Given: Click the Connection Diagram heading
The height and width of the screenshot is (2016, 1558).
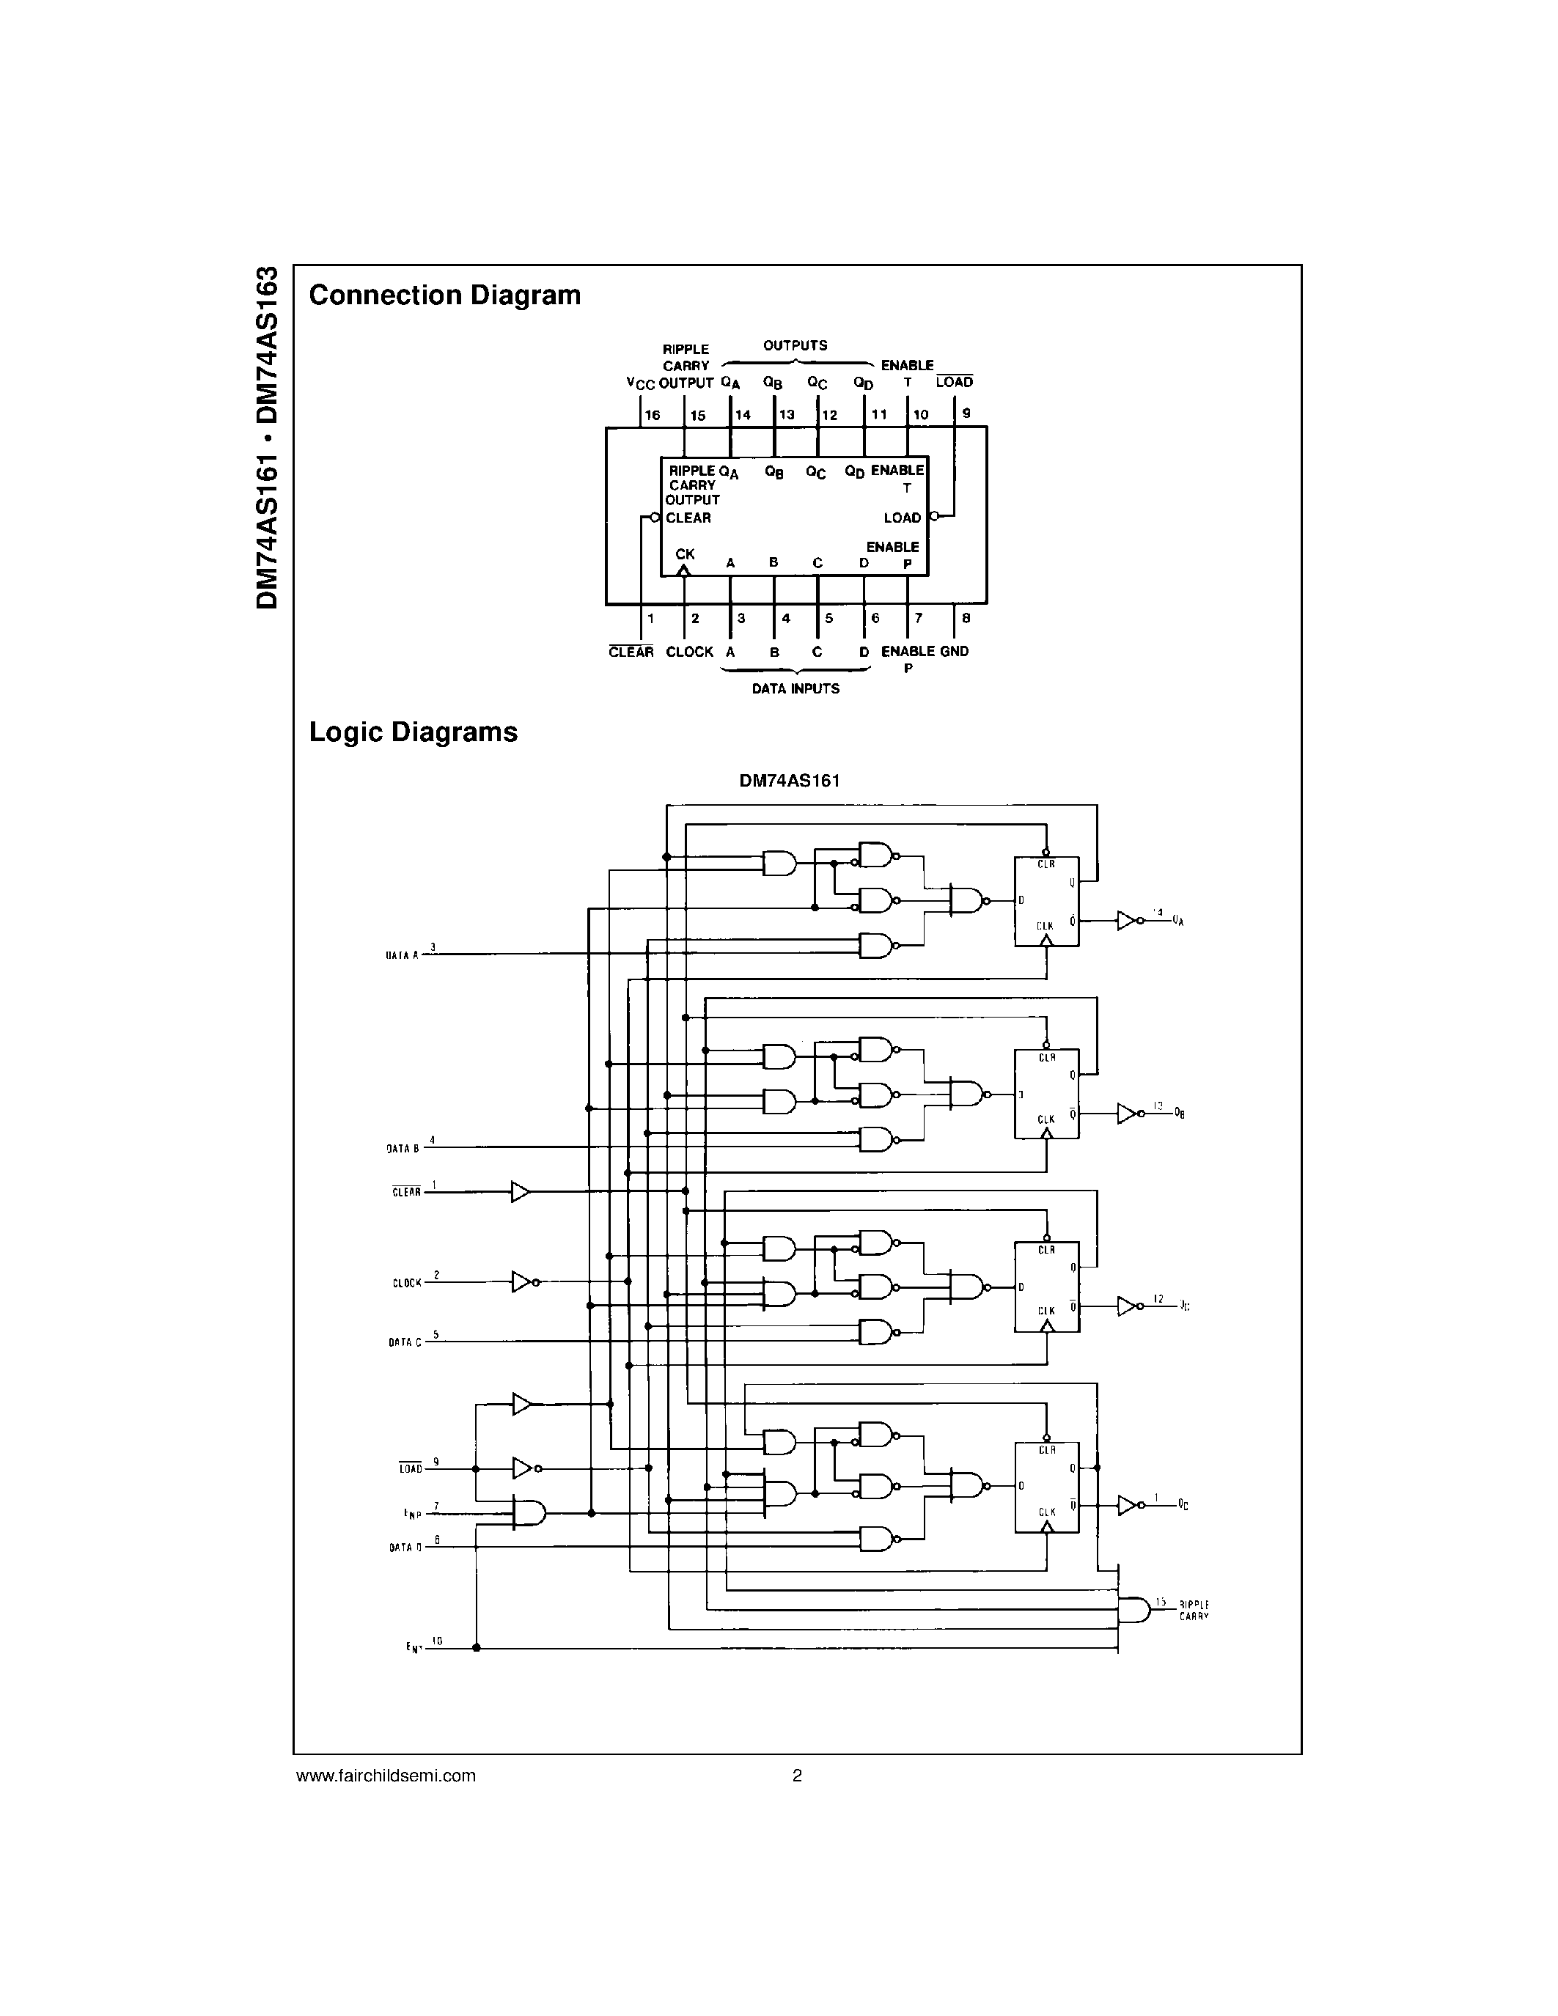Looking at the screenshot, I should point(445,295).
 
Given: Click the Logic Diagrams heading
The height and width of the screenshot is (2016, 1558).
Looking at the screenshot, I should point(413,732).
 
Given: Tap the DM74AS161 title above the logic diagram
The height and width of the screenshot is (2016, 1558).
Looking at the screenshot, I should point(789,781).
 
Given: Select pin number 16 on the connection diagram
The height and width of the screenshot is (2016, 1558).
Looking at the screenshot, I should point(653,416).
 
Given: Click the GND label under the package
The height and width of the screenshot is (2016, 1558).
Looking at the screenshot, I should point(955,652).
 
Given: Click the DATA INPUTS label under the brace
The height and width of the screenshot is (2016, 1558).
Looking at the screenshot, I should point(795,688).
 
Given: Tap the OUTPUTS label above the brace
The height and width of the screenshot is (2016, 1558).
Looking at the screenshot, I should point(795,346).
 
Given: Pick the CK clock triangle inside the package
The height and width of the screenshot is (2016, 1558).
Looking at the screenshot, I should point(684,570).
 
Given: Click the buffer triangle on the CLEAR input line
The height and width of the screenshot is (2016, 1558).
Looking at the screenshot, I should point(521,1192).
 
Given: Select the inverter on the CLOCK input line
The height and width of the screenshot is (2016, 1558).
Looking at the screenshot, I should point(523,1281).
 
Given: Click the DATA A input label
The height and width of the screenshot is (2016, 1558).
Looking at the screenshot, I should point(403,955).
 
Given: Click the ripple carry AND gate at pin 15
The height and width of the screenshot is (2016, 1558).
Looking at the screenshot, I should point(1133,1610).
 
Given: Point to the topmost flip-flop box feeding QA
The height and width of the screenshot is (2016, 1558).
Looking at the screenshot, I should point(1047,901).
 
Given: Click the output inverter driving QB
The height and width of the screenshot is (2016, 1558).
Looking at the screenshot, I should point(1128,1114).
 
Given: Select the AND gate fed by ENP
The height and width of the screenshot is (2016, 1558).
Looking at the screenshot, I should point(530,1512).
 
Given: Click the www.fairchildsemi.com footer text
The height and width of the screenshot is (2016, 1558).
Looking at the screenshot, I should point(386,1775).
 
